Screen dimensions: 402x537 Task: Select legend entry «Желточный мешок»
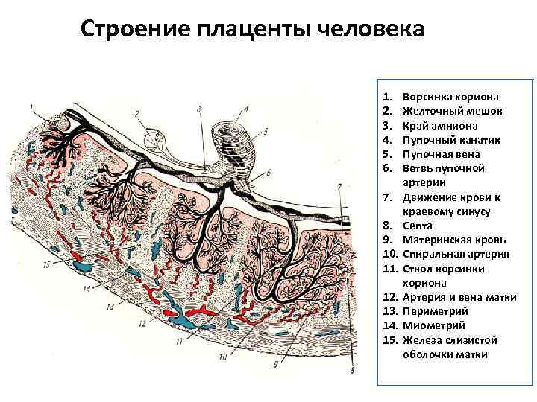pyautogui.click(x=451, y=112)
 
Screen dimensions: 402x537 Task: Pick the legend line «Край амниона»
pyautogui.click(x=439, y=126)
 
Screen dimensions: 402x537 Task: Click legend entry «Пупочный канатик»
pyautogui.click(x=451, y=140)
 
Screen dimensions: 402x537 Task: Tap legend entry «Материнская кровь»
pyautogui.click(x=454, y=240)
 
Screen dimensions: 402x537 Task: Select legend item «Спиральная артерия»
pyautogui.click(x=455, y=254)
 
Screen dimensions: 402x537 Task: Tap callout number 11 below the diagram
pyautogui.click(x=178, y=341)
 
